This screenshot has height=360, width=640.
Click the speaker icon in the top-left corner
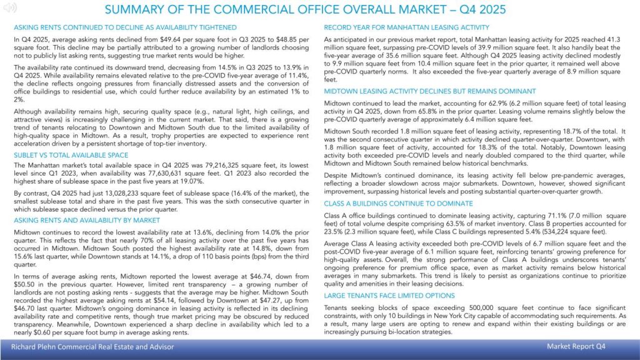[x=11, y=7]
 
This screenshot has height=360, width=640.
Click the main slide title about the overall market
[x=305, y=10]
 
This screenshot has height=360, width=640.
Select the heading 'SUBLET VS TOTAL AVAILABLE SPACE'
[x=71, y=155]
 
